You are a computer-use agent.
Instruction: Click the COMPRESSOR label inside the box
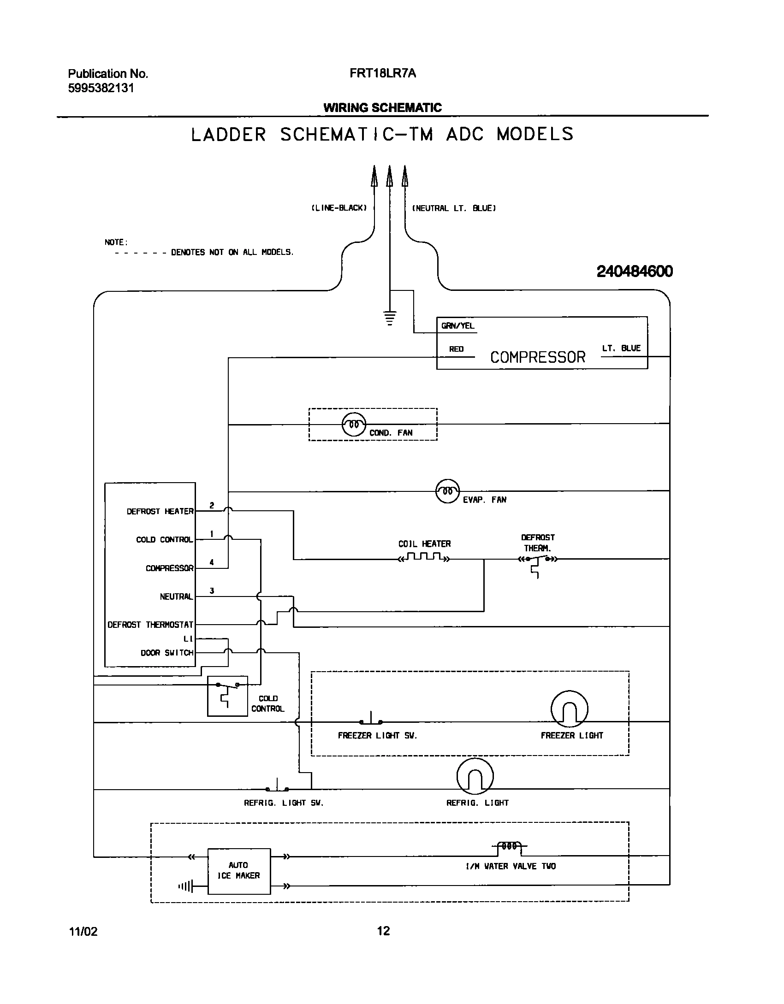[x=537, y=357]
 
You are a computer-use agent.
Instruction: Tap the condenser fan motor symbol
[x=354, y=424]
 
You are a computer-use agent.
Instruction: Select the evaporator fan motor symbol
[x=447, y=491]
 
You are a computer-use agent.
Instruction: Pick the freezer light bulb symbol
[x=569, y=709]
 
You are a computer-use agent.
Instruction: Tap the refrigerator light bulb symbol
[x=475, y=777]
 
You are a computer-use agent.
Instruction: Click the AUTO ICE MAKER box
[x=239, y=871]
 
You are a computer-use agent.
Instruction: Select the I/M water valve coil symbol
[x=510, y=846]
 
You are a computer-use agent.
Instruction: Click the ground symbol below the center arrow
[x=390, y=318]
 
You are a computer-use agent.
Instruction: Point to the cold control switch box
[x=227, y=696]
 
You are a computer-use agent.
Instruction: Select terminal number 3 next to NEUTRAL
[x=212, y=591]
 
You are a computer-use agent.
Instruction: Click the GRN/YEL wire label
[x=457, y=326]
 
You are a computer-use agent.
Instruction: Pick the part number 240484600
[x=635, y=272]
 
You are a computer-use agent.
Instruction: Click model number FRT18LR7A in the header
[x=382, y=73]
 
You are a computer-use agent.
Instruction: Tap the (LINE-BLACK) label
[x=339, y=208]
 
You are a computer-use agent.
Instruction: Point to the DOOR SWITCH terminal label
[x=167, y=653]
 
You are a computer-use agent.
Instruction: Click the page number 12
[x=383, y=931]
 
